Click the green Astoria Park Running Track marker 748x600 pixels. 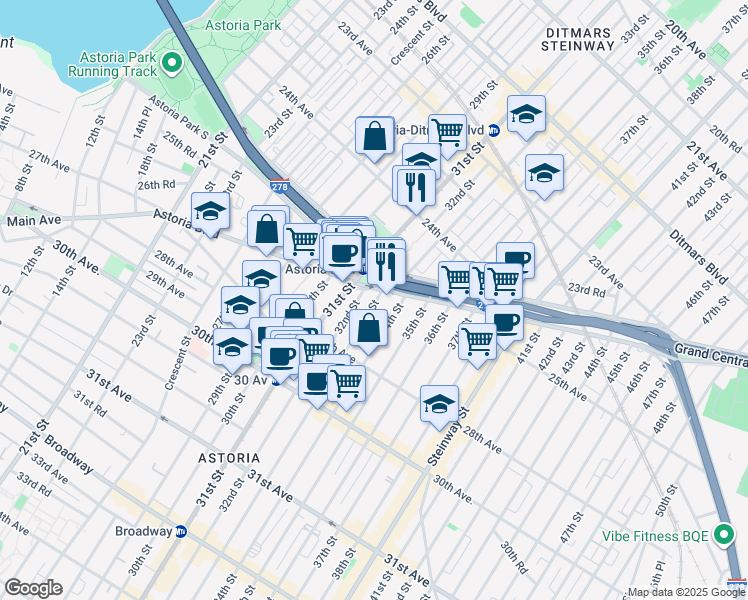coord(172,65)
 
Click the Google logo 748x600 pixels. coord(33,588)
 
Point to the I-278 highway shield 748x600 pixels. coord(281,186)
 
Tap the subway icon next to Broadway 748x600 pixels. coord(181,531)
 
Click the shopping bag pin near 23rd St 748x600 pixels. coord(374,135)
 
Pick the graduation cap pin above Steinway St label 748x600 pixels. coord(439,404)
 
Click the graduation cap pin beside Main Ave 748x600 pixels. coord(211,211)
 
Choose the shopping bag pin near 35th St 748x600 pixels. coord(368,327)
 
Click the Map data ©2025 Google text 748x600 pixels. coord(686,592)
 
